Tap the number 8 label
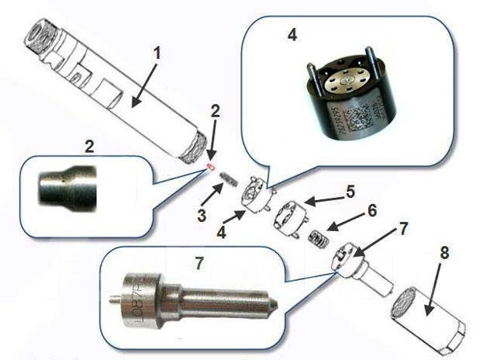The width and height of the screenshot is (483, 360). [443, 254]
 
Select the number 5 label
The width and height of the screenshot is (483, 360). [350, 189]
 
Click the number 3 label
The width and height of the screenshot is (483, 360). [201, 216]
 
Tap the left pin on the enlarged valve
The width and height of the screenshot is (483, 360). [310, 78]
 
